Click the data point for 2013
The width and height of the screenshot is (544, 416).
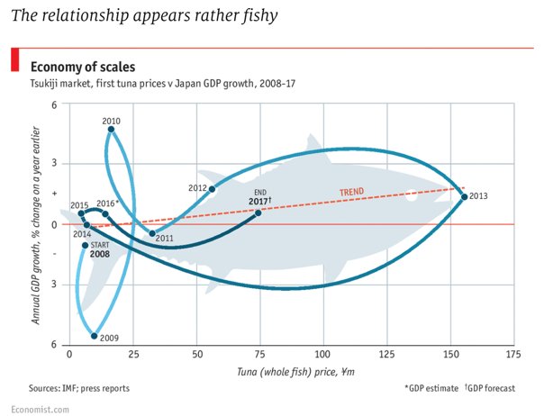464,196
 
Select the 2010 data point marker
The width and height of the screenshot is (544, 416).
111,130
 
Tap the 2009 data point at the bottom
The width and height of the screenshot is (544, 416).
95,335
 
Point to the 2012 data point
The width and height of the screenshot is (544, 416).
213,188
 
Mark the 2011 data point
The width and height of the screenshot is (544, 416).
152,233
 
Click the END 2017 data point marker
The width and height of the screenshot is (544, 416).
258,213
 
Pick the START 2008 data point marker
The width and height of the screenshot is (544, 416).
86,245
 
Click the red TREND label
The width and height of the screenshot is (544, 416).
351,192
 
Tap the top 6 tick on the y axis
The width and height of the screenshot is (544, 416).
53,106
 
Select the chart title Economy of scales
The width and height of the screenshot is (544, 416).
83,67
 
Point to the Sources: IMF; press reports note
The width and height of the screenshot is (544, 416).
78,388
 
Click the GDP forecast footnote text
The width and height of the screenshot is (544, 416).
494,388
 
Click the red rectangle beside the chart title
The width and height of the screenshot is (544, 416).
14,60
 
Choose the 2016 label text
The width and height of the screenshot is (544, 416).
106,203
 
